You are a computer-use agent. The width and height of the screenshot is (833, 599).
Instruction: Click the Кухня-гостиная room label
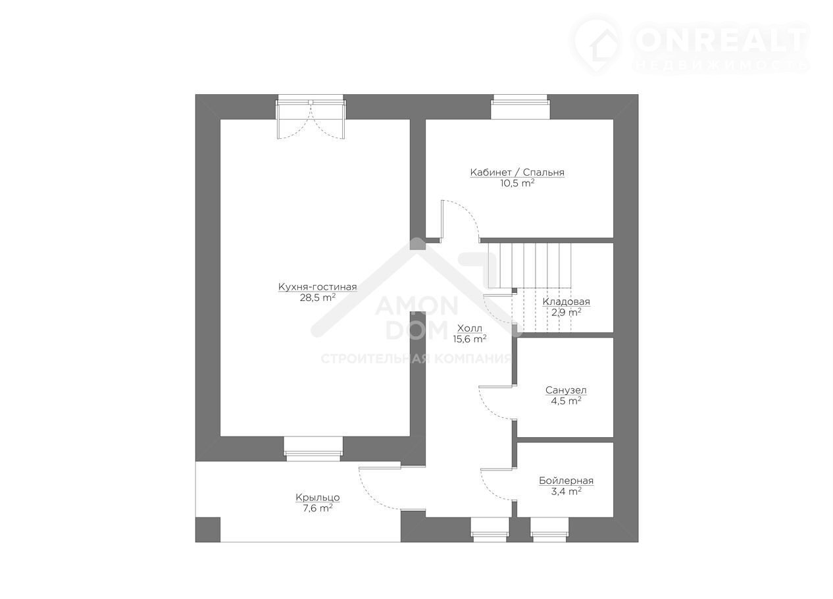click(318, 287)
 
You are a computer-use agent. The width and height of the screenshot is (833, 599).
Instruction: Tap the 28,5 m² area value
click(318, 298)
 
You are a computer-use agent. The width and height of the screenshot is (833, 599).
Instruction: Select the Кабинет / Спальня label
click(517, 172)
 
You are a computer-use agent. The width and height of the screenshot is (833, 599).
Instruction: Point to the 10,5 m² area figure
click(517, 184)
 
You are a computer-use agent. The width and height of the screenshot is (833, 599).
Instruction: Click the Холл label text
click(470, 328)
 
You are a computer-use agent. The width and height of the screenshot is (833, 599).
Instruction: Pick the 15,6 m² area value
click(470, 339)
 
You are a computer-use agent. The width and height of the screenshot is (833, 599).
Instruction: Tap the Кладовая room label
click(566, 301)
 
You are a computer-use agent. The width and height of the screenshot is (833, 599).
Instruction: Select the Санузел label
click(566, 390)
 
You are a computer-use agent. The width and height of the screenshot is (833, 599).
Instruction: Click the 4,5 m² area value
click(566, 401)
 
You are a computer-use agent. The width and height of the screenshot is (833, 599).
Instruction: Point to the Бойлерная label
click(566, 481)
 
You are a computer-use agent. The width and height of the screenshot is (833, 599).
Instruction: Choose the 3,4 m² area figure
click(566, 492)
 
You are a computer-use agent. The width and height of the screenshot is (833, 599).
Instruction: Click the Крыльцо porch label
click(318, 498)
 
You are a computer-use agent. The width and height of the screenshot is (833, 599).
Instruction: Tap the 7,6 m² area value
click(318, 508)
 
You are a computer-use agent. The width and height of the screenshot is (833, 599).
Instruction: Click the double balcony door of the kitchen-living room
click(311, 118)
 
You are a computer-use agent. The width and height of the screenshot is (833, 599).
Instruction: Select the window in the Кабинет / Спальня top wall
click(520, 107)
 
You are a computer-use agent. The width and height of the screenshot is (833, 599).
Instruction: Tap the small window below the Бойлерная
click(549, 529)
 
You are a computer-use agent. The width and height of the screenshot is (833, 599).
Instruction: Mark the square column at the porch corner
click(208, 529)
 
